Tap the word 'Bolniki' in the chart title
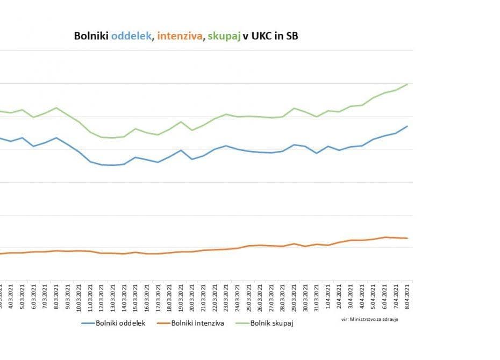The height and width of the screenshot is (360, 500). click(91, 37)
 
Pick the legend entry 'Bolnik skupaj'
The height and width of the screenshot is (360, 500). click(268, 323)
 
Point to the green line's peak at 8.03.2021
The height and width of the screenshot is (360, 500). click(56, 108)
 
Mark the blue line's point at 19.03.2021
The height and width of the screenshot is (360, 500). click(181, 150)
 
